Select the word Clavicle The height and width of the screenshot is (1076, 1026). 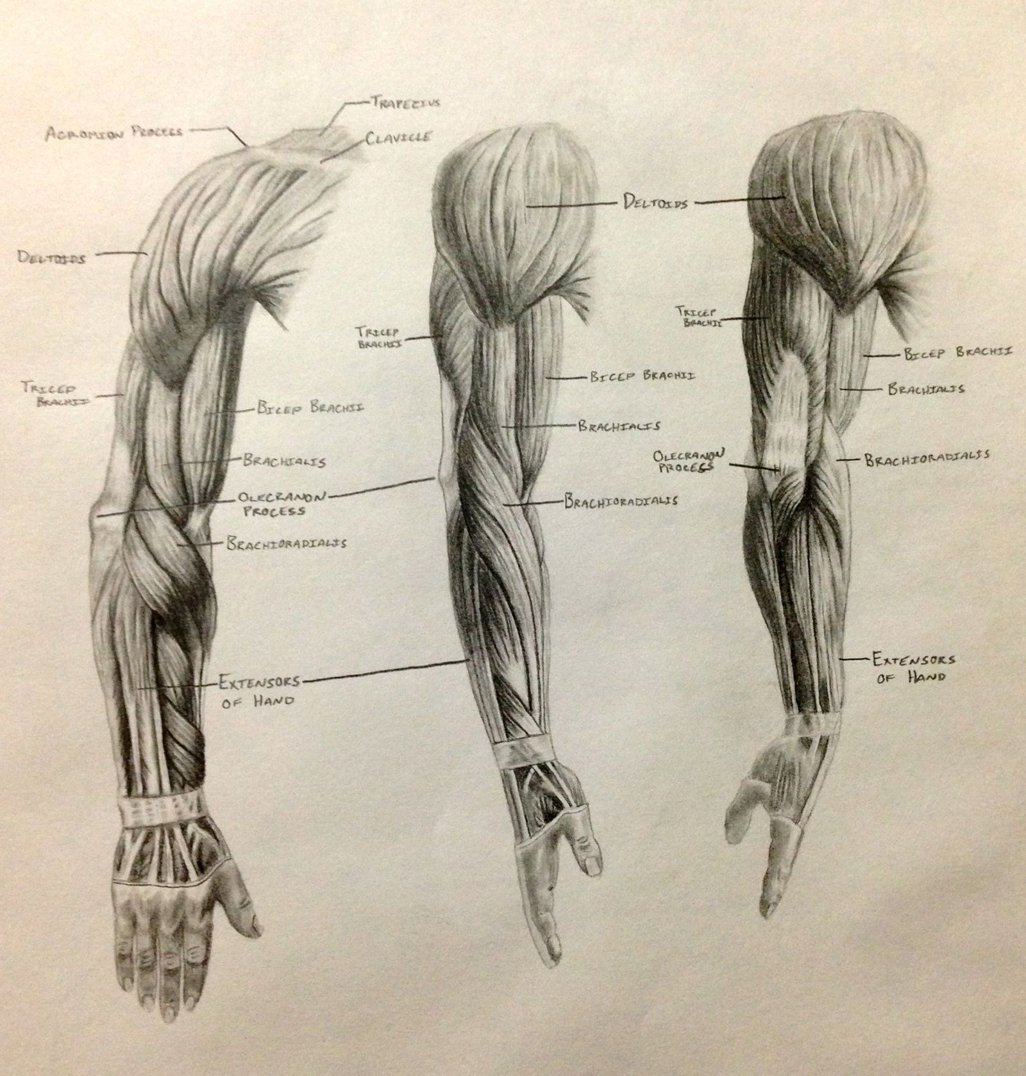click(x=399, y=138)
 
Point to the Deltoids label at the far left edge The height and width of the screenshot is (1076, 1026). click(x=52, y=258)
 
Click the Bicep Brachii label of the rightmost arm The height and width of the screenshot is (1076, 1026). click(x=958, y=352)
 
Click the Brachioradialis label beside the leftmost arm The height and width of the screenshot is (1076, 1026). click(x=286, y=543)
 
